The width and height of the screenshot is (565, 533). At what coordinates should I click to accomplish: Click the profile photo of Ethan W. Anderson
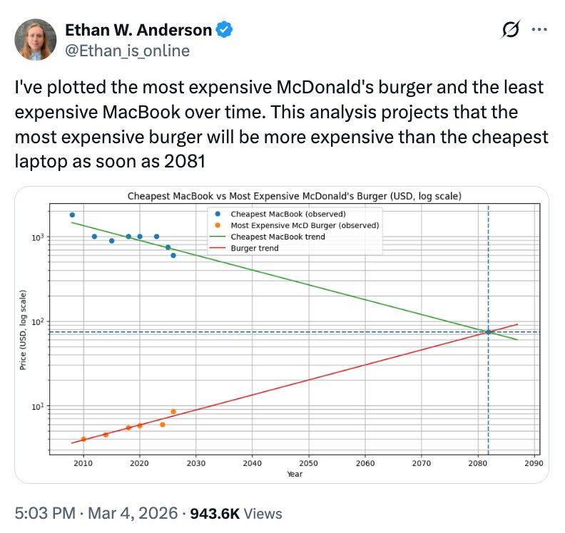pyautogui.click(x=35, y=39)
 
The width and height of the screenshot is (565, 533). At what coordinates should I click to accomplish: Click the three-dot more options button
pyautogui.click(x=539, y=30)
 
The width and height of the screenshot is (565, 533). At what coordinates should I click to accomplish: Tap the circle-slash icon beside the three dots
pyautogui.click(x=511, y=30)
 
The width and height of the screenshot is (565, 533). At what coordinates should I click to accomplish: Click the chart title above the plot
pyautogui.click(x=294, y=195)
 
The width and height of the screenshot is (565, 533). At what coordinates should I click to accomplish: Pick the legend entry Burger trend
pyautogui.click(x=255, y=248)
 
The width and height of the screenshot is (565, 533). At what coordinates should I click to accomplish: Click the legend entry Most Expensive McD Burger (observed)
pyautogui.click(x=305, y=225)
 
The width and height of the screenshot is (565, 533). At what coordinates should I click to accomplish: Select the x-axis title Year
pyautogui.click(x=295, y=473)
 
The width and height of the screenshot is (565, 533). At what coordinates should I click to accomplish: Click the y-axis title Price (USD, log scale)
pyautogui.click(x=24, y=328)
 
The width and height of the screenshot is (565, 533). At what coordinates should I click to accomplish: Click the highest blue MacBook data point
pyautogui.click(x=72, y=214)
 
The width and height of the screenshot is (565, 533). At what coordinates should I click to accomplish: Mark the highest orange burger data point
pyautogui.click(x=173, y=412)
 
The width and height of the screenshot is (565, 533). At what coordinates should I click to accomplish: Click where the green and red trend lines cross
pyautogui.click(x=488, y=332)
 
